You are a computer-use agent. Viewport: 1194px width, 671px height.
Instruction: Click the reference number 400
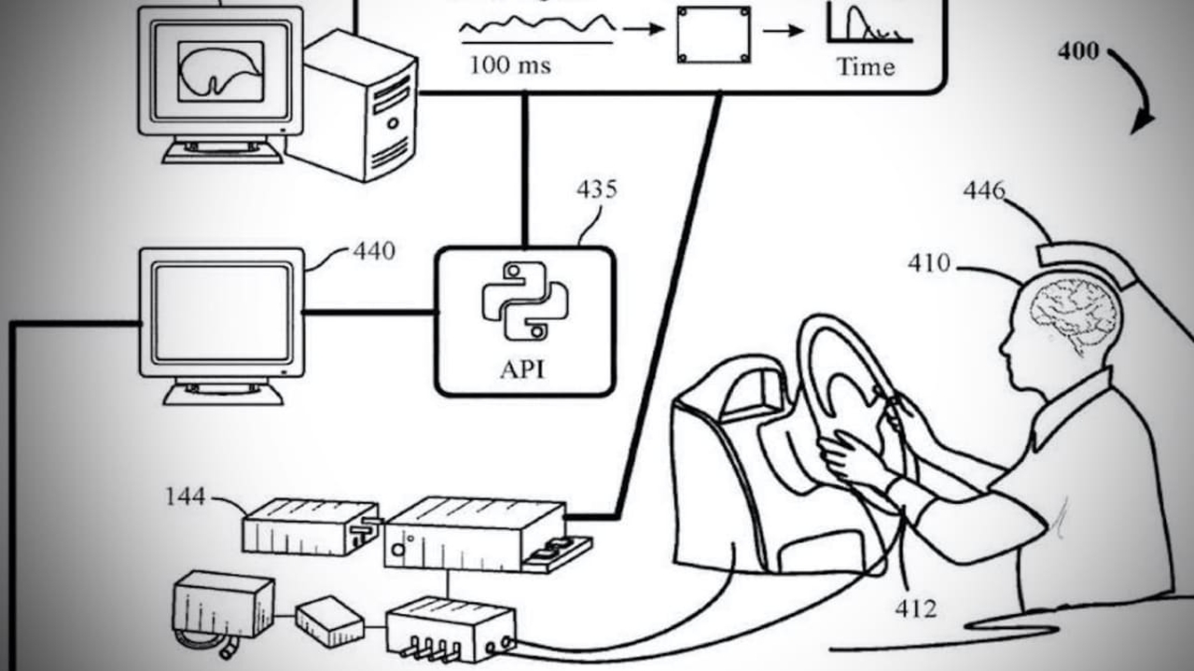click(1078, 51)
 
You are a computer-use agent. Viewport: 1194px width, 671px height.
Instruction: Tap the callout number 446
click(984, 191)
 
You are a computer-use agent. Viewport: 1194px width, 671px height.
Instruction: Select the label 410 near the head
click(929, 264)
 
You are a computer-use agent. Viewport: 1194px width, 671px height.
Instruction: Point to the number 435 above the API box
click(597, 189)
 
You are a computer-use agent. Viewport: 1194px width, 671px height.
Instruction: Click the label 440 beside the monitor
click(373, 251)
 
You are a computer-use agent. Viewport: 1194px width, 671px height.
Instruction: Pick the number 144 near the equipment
click(186, 496)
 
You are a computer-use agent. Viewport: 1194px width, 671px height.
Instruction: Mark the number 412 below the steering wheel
click(915, 608)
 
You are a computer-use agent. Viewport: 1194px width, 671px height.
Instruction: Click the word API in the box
click(522, 369)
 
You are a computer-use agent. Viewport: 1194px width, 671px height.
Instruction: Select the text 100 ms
click(509, 65)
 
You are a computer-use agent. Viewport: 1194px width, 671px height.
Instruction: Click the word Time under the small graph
click(866, 67)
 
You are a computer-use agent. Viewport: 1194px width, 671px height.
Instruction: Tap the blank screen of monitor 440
click(222, 313)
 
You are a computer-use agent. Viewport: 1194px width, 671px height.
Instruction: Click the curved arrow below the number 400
click(1136, 89)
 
